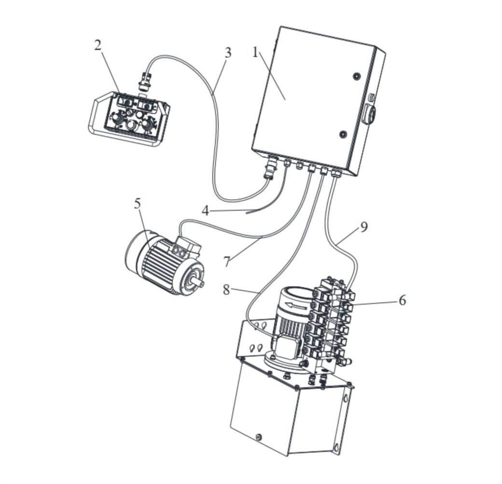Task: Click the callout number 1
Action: click(255, 52)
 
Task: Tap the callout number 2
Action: click(98, 45)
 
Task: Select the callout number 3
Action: click(228, 53)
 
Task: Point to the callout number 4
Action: click(205, 211)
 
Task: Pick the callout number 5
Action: click(138, 204)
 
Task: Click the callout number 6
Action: click(402, 300)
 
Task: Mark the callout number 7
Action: click(227, 262)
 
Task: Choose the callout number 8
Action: click(226, 290)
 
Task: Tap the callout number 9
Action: click(363, 227)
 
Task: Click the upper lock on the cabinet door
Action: click(356, 76)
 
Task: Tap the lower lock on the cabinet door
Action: click(343, 134)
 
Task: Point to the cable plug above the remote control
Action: click(144, 82)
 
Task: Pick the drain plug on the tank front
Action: click(259, 437)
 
